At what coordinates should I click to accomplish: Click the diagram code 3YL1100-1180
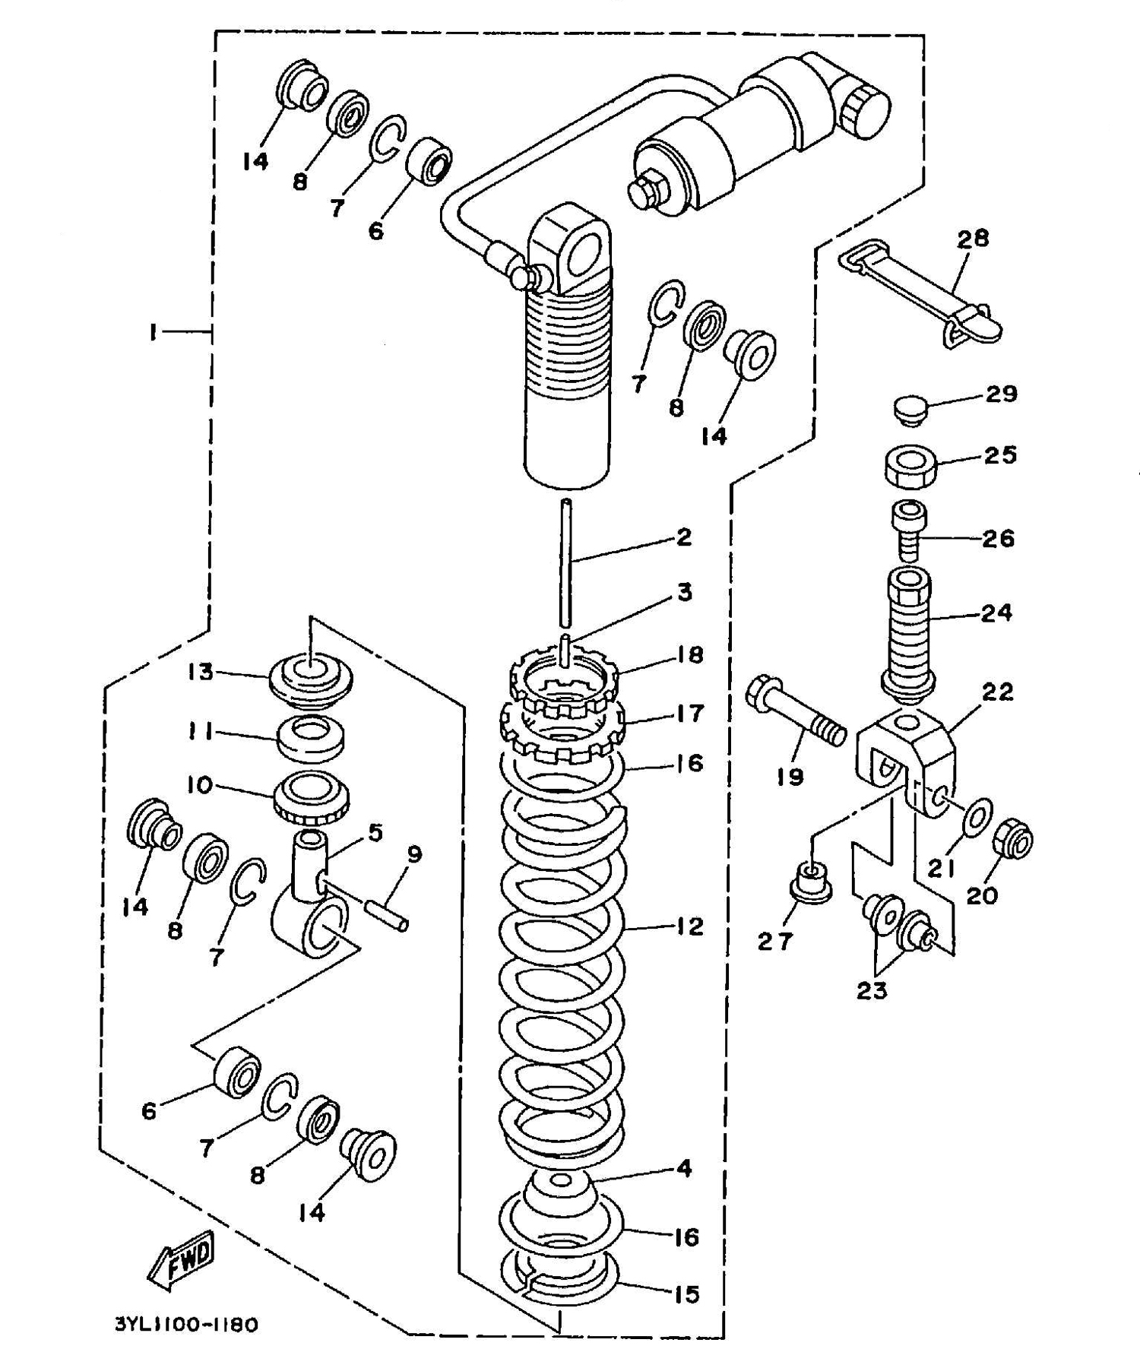tap(186, 1325)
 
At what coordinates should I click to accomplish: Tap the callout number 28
tap(972, 238)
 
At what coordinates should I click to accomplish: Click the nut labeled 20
tap(1012, 839)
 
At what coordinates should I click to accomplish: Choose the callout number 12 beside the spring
tap(690, 926)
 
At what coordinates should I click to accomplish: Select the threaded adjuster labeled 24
tap(908, 632)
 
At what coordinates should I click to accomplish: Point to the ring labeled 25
tap(910, 467)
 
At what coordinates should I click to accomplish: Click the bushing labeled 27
tap(809, 882)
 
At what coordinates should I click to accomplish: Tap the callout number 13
tap(201, 673)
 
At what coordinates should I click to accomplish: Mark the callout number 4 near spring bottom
tap(684, 1168)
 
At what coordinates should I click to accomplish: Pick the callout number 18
tap(690, 655)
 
